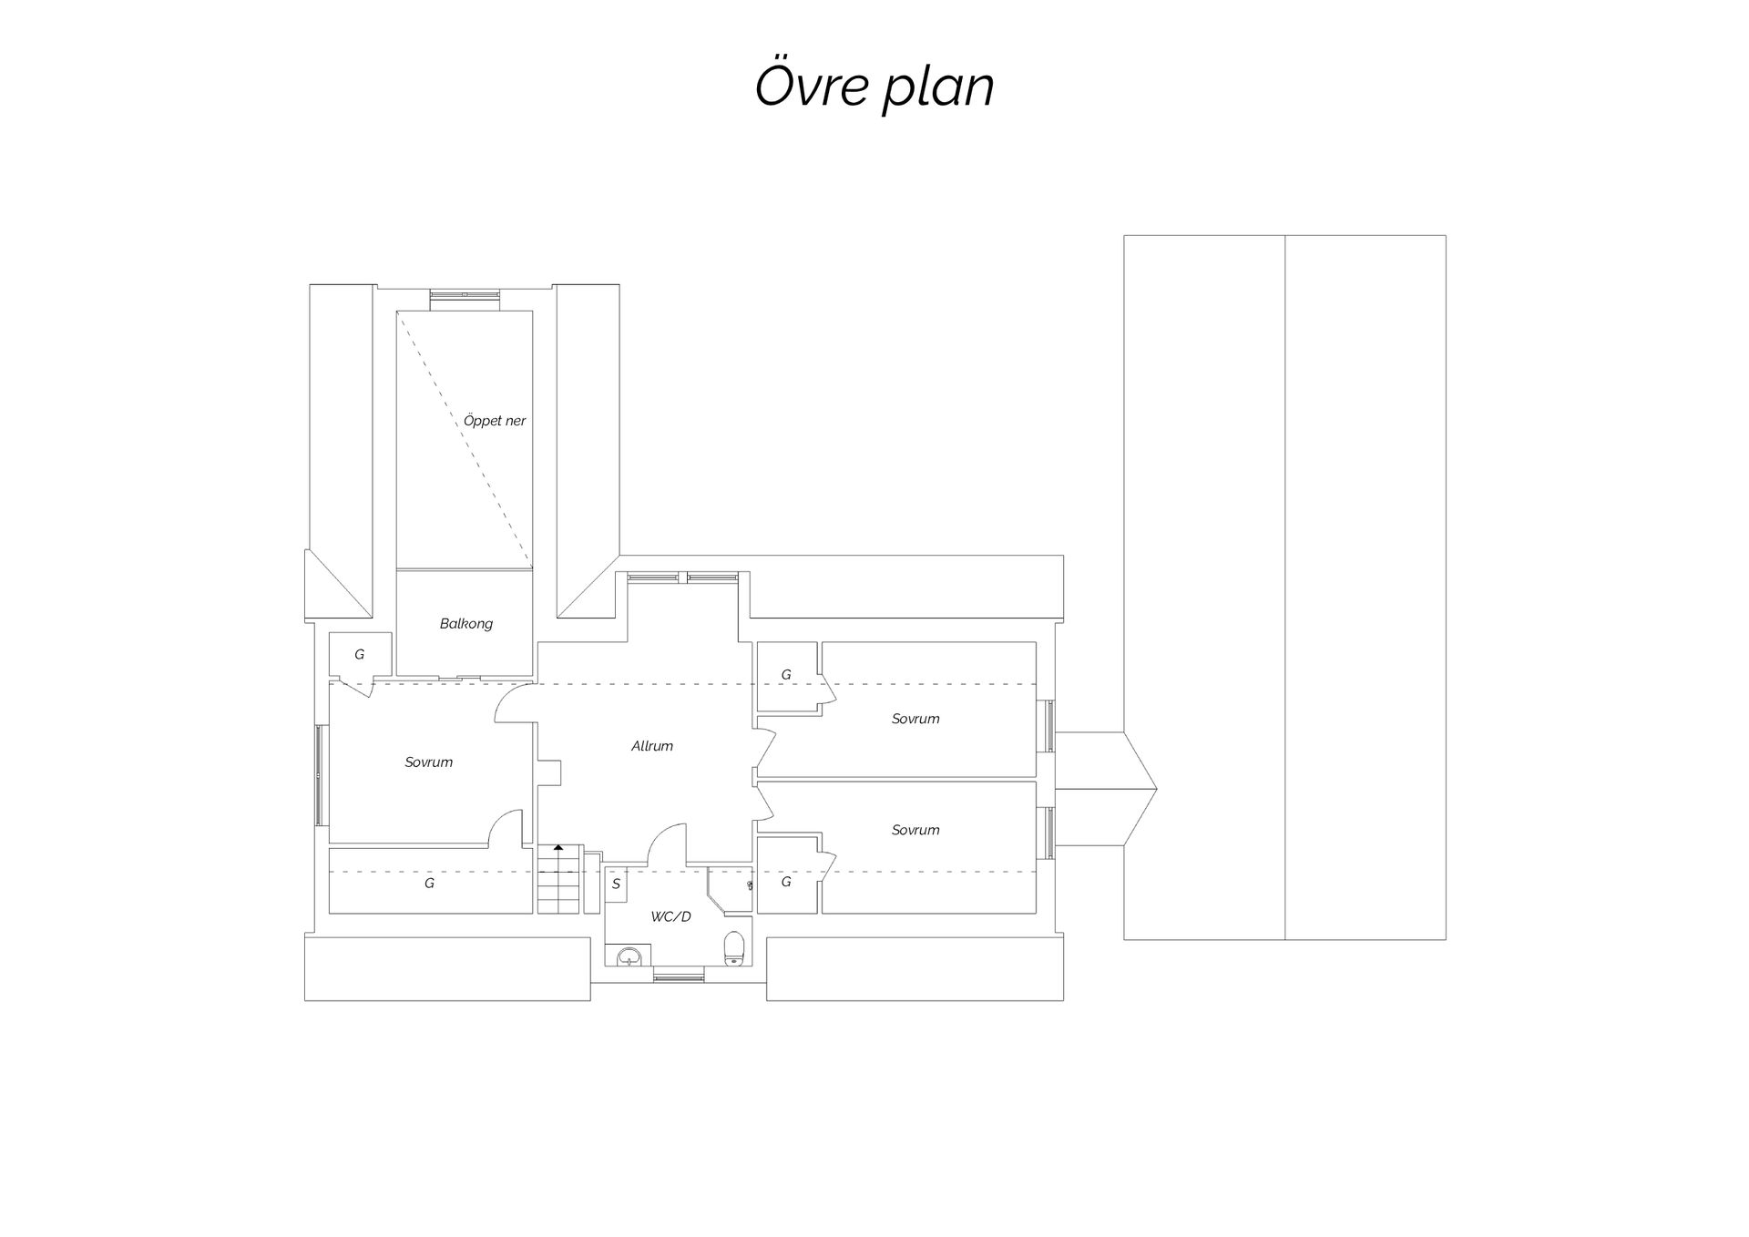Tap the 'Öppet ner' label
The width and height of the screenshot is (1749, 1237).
495,421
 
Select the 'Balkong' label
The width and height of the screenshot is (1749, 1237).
466,624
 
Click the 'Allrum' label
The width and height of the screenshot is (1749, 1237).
652,746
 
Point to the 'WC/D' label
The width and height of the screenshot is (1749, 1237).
671,916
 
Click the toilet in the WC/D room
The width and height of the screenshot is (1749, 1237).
734,947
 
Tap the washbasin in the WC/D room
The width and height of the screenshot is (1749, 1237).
630,956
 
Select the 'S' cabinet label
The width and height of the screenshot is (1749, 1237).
616,884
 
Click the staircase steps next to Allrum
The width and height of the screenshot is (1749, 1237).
558,879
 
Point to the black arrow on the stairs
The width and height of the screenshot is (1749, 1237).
558,848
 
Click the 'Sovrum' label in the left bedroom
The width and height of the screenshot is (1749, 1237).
429,762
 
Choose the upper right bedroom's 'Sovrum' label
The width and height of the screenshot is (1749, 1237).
915,719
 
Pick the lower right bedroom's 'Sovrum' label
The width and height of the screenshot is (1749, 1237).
915,830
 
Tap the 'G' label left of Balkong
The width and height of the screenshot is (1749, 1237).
360,654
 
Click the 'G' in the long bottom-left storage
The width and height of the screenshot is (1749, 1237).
429,883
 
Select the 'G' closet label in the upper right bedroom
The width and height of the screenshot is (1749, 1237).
786,675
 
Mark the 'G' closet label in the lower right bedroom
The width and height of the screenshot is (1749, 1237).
786,882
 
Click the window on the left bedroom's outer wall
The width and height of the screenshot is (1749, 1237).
319,775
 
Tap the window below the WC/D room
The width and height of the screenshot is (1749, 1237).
679,977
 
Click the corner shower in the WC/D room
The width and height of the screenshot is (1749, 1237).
730,889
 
